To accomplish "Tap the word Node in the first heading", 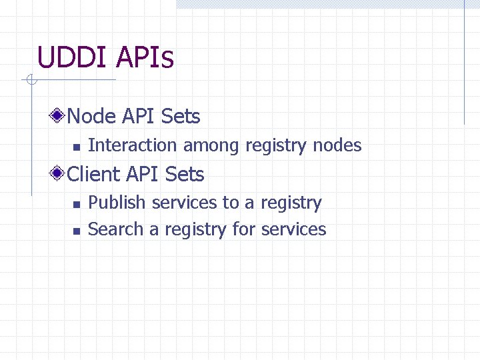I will (x=91, y=117).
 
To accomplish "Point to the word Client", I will (x=94, y=175).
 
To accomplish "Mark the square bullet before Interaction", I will (x=76, y=147).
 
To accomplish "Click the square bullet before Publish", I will (x=76, y=204).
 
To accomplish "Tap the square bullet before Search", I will (x=76, y=231).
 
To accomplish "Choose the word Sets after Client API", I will (x=184, y=175).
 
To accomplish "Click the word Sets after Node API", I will (x=180, y=117).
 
